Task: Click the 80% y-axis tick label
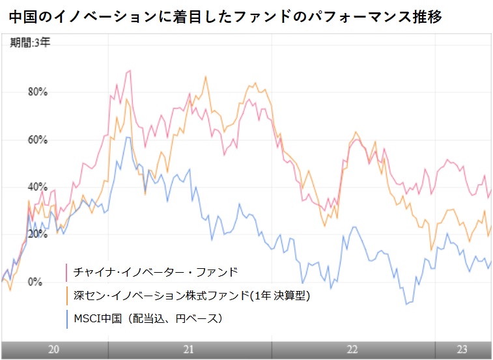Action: pos(38,92)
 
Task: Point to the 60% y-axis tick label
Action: pos(38,140)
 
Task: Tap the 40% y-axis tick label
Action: pos(38,187)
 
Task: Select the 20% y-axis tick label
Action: pos(38,234)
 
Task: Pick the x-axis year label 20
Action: pos(54,350)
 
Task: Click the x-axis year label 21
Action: pos(188,350)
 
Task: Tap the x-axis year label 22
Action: pos(352,350)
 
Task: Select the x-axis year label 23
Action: pos(462,350)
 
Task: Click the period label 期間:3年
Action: pos(29,45)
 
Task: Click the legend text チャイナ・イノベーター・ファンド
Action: pos(156,272)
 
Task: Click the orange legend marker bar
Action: pos(67,296)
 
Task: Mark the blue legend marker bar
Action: pos(67,318)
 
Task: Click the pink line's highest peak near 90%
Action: pos(130,70)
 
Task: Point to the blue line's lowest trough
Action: pos(406,304)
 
